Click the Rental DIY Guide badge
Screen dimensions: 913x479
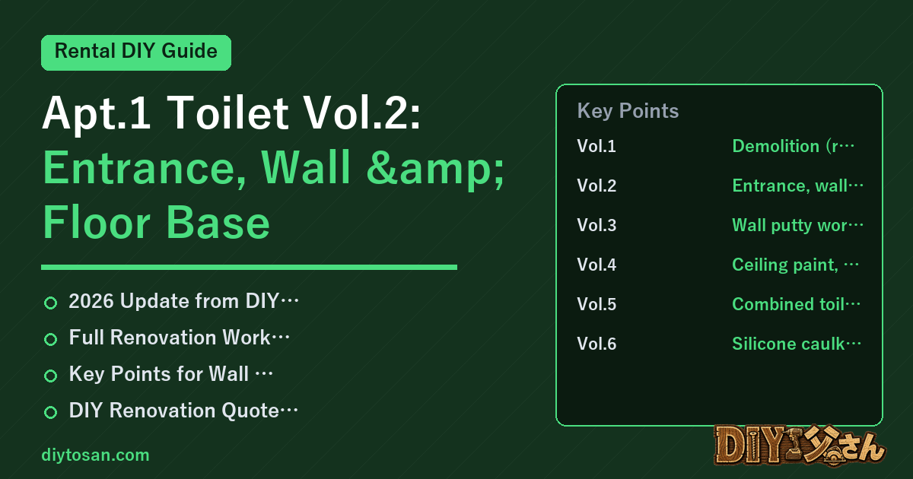pyautogui.click(x=136, y=52)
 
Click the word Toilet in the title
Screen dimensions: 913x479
pyautogui.click(x=227, y=113)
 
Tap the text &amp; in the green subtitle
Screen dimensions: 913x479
pyautogui.click(x=435, y=168)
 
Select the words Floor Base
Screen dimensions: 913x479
pyautogui.click(x=156, y=222)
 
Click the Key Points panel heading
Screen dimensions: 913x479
pyautogui.click(x=628, y=111)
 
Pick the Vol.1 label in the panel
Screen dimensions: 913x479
pyautogui.click(x=596, y=146)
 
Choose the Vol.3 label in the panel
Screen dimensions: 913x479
pyautogui.click(x=596, y=225)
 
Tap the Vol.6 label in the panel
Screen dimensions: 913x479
pyautogui.click(x=596, y=344)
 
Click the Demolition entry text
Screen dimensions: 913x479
pyautogui.click(x=793, y=146)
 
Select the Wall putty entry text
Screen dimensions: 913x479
pyautogui.click(x=797, y=225)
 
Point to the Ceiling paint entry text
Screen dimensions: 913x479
pyautogui.click(x=795, y=265)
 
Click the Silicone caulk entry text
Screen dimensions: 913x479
pyautogui.click(x=797, y=344)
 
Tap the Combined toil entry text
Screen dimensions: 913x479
pyautogui.click(x=796, y=304)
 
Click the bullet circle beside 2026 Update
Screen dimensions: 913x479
pyautogui.click(x=50, y=303)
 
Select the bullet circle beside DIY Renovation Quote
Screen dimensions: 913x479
pyautogui.click(x=50, y=412)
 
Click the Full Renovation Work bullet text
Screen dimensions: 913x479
pyautogui.click(x=179, y=338)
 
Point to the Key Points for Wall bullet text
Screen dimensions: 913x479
pyautogui.click(x=170, y=374)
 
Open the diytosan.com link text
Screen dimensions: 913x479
pyautogui.click(x=95, y=455)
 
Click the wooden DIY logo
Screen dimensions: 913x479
pyautogui.click(x=800, y=446)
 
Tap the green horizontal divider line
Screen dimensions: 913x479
pyautogui.click(x=249, y=267)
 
